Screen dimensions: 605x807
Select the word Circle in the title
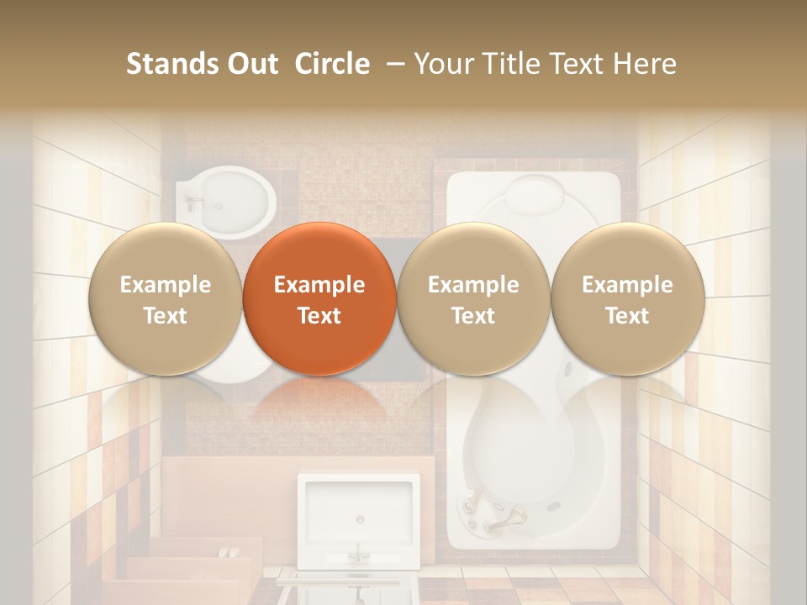tap(332, 64)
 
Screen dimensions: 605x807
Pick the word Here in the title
tap(646, 64)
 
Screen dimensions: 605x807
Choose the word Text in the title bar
tap(574, 64)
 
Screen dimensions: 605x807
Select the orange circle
tap(319, 298)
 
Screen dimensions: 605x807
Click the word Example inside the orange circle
tap(319, 285)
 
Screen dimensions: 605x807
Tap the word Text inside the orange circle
tap(319, 316)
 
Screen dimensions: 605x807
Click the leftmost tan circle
tap(165, 298)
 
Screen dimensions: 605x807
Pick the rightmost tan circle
tap(627, 298)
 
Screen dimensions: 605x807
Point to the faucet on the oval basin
tap(196, 203)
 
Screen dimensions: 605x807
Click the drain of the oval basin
tap(222, 204)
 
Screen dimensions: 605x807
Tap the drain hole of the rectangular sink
tap(359, 519)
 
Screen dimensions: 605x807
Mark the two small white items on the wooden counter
tap(226, 552)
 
